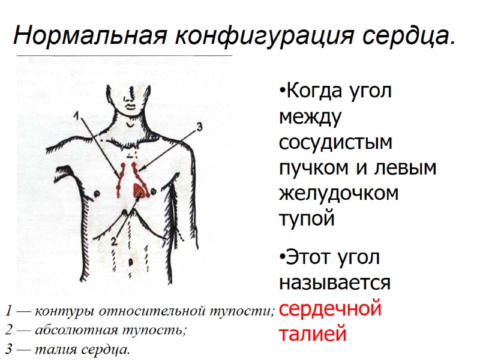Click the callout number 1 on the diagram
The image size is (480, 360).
tap(77, 115)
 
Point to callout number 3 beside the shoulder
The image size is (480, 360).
tap(200, 127)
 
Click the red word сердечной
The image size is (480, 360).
tap(331, 309)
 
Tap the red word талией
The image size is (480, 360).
tap(313, 334)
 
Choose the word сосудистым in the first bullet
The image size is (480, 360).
tap(335, 143)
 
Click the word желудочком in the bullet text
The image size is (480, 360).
tap(339, 194)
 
